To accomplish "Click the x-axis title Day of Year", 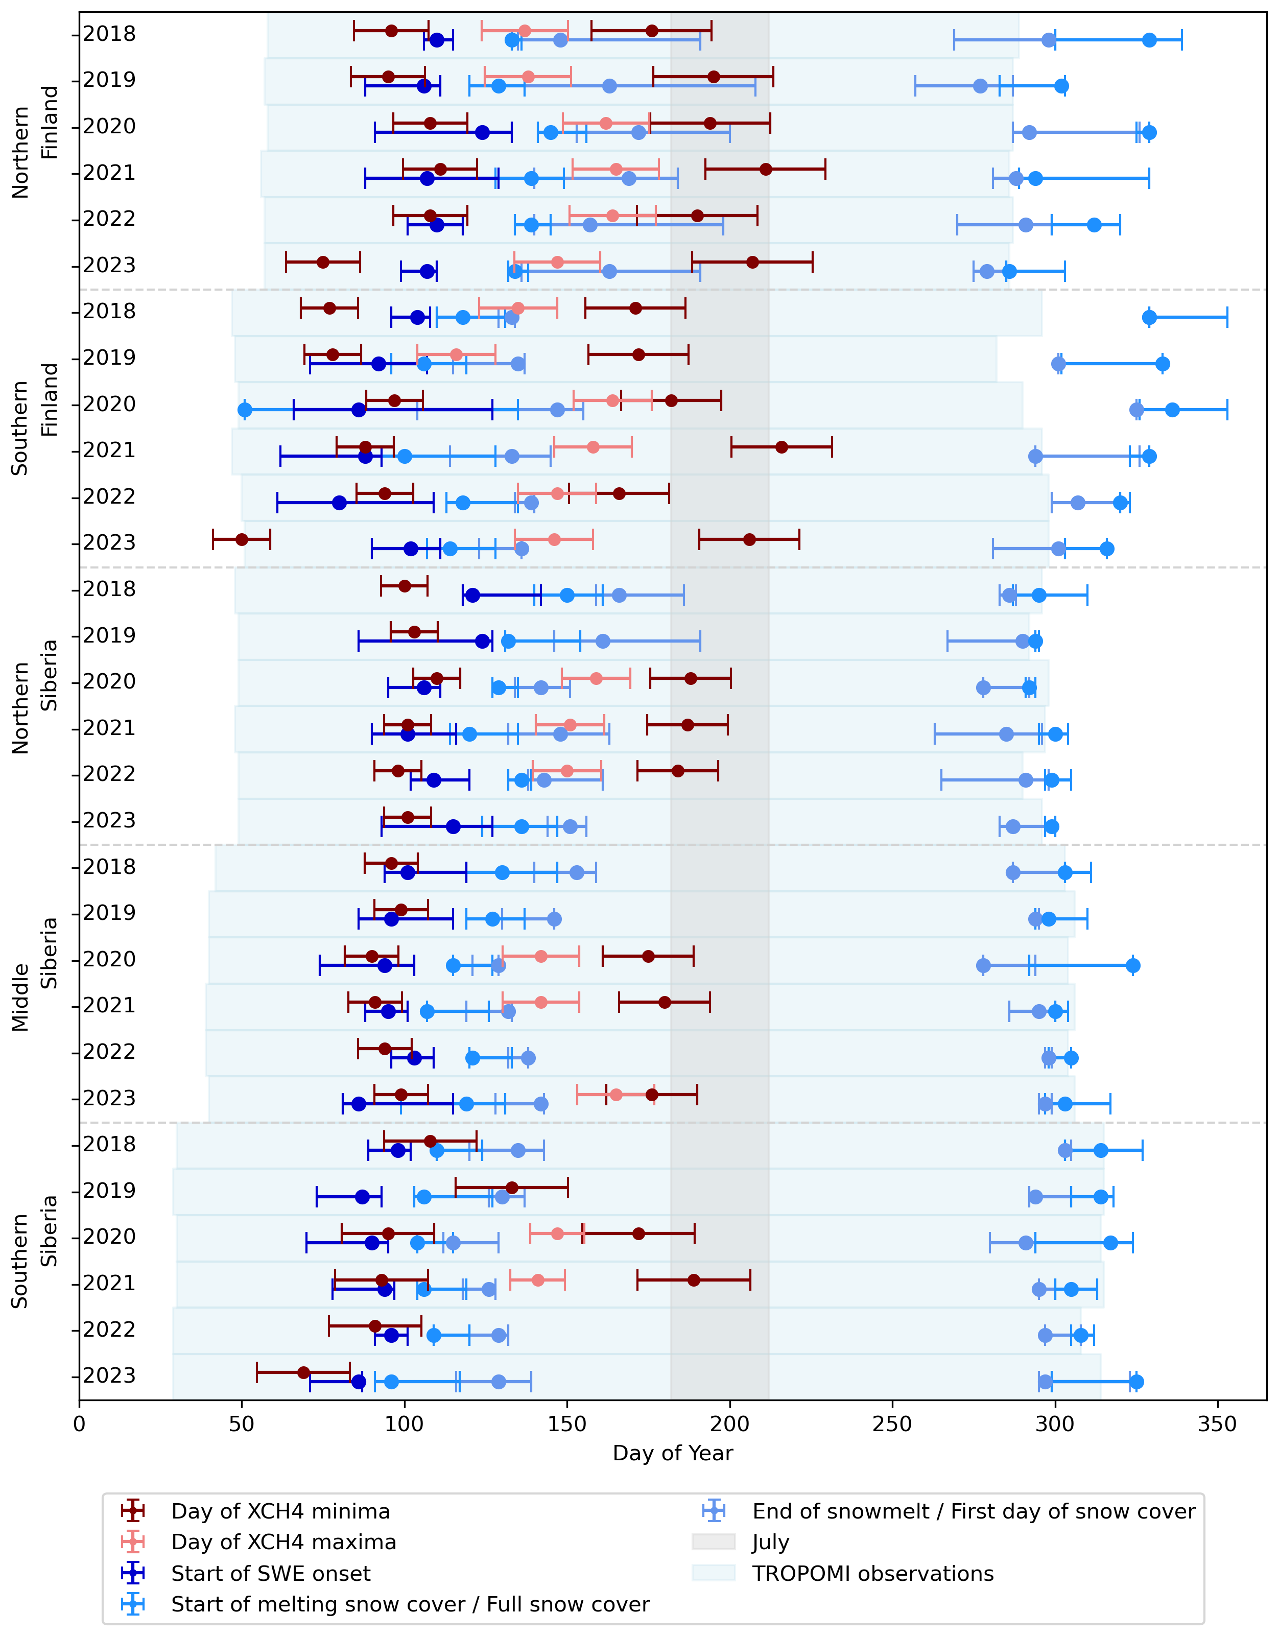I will (x=673, y=1453).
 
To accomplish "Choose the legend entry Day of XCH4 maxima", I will (x=283, y=1543).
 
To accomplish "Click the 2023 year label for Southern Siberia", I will (x=109, y=1376).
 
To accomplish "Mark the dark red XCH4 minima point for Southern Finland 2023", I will (x=242, y=540).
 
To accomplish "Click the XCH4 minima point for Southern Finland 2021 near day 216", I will (x=781, y=447).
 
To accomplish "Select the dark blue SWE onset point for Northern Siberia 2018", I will (x=472, y=595).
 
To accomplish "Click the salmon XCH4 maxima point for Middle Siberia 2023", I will (x=615, y=1095).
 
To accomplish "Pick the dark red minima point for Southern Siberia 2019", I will (x=511, y=1188).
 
